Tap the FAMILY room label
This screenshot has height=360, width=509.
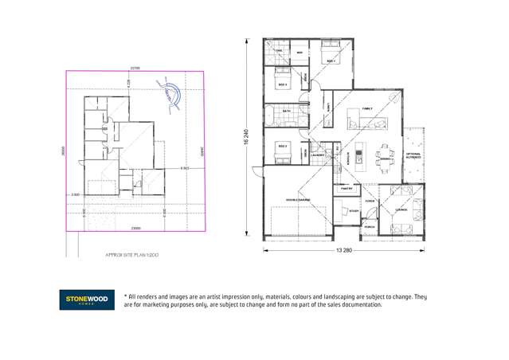[367, 108]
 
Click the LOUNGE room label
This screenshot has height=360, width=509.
[401, 210]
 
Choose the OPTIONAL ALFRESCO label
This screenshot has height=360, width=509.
[413, 155]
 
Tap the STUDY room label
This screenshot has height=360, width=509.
[354, 211]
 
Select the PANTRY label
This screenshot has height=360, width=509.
[347, 189]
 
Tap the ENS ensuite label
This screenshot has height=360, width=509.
[279, 51]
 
